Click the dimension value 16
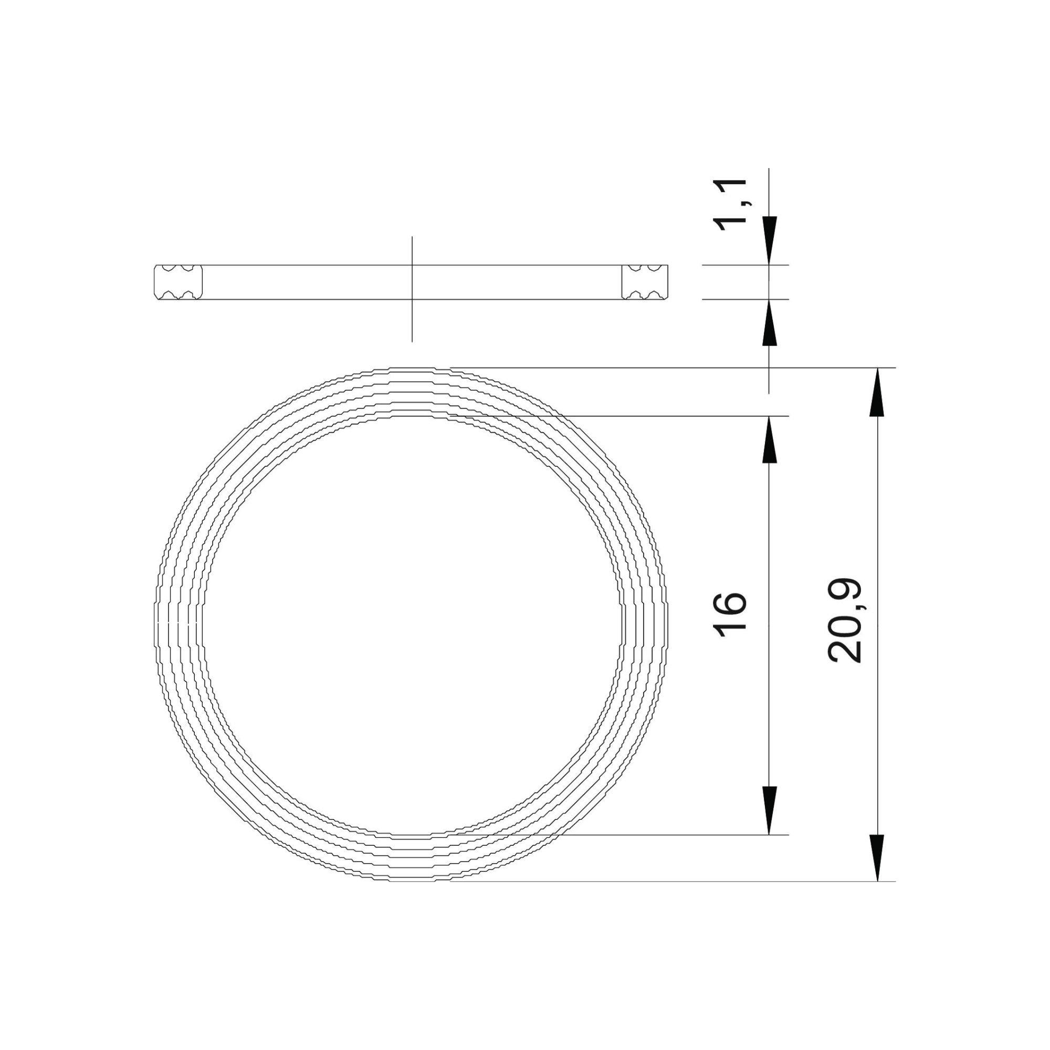pyautogui.click(x=730, y=616)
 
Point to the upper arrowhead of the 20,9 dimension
pyautogui.click(x=878, y=393)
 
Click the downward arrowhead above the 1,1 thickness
pyautogui.click(x=769, y=240)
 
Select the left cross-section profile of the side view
pyautogui.click(x=178, y=282)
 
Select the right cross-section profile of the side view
pyautogui.click(x=645, y=282)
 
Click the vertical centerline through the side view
pyautogui.click(x=412, y=326)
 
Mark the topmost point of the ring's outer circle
pyautogui.click(x=412, y=369)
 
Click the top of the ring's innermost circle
pyautogui.click(x=412, y=416)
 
